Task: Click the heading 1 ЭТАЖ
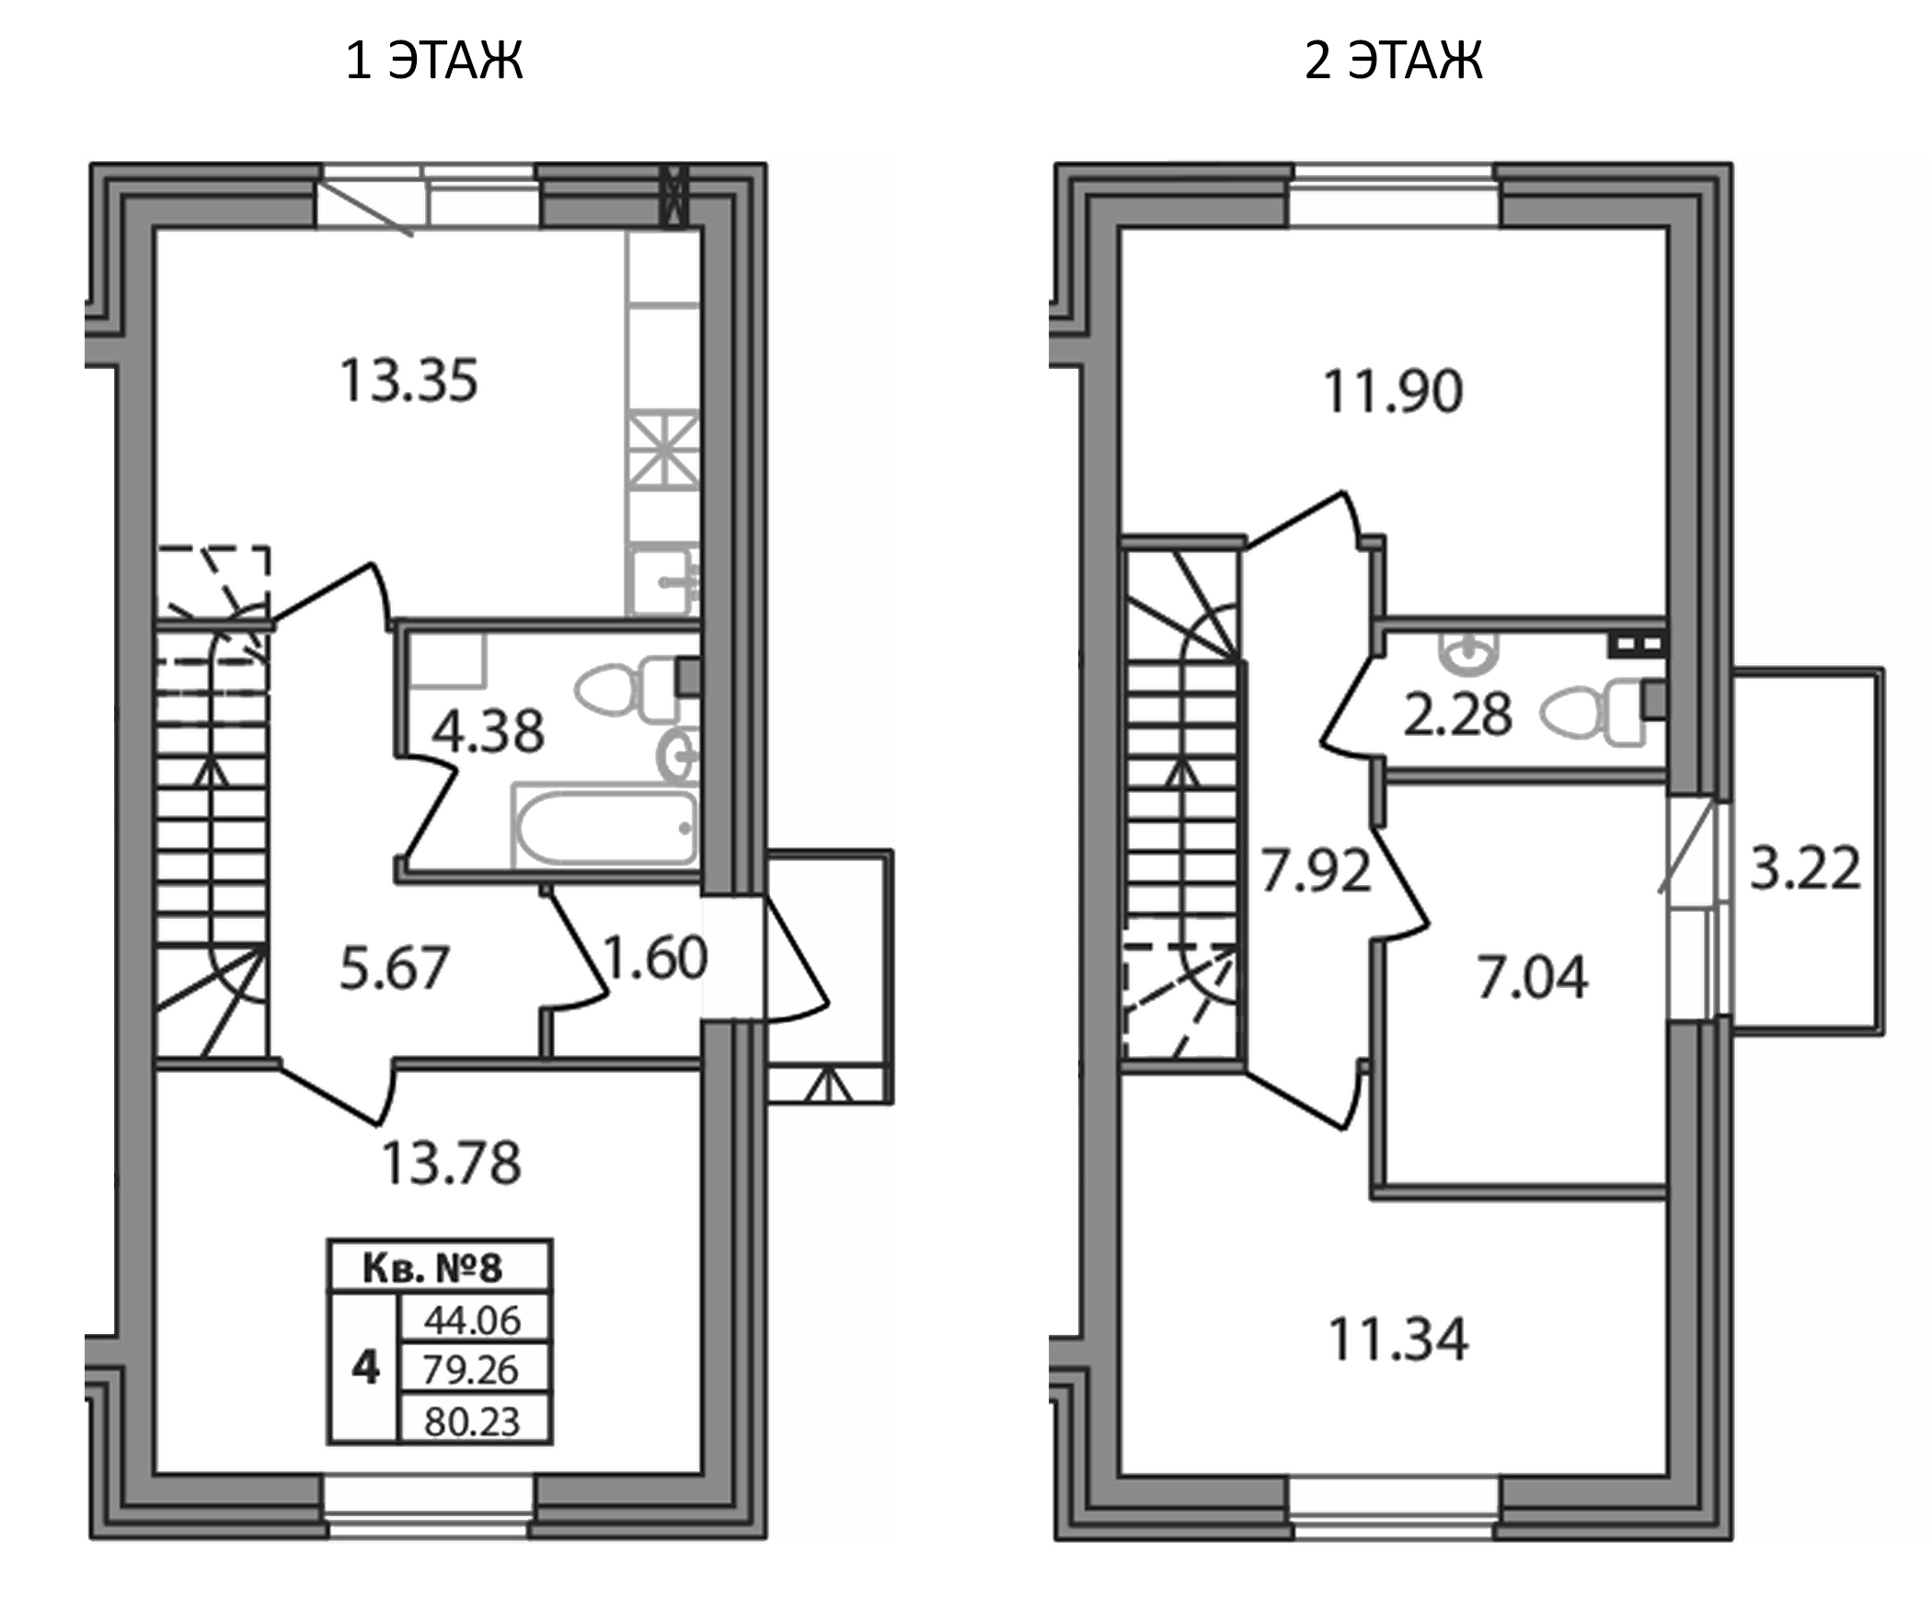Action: (434, 61)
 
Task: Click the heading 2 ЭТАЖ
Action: (1393, 61)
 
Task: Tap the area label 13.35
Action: (409, 381)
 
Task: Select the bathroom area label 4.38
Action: (488, 732)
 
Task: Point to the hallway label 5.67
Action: (394, 969)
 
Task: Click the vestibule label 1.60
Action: (654, 958)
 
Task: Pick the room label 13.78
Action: (451, 1162)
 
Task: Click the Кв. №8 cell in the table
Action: (433, 1268)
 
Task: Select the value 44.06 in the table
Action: (472, 1321)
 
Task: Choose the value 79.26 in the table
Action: (471, 1371)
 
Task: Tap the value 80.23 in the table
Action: (472, 1421)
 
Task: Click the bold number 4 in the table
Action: (365, 1369)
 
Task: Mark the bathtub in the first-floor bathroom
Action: (604, 827)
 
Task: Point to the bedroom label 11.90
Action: (1393, 391)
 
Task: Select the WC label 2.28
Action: (1457, 716)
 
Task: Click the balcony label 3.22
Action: (1805, 868)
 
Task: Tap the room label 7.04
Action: (1532, 977)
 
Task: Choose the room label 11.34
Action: (1398, 1339)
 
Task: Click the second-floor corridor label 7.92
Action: (1316, 871)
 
